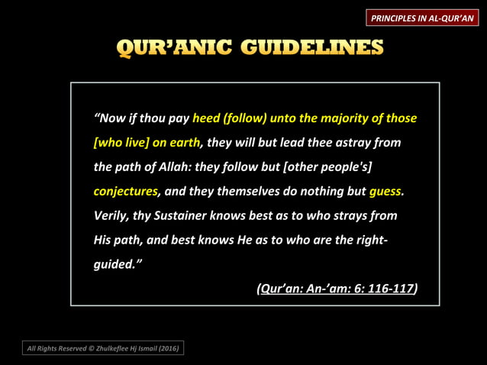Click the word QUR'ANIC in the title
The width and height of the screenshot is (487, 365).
[173, 49]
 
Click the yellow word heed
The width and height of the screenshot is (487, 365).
[206, 118]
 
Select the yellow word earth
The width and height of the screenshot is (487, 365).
[184, 143]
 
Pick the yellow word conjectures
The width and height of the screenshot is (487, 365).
[125, 192]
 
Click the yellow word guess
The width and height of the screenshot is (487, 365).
[385, 192]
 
